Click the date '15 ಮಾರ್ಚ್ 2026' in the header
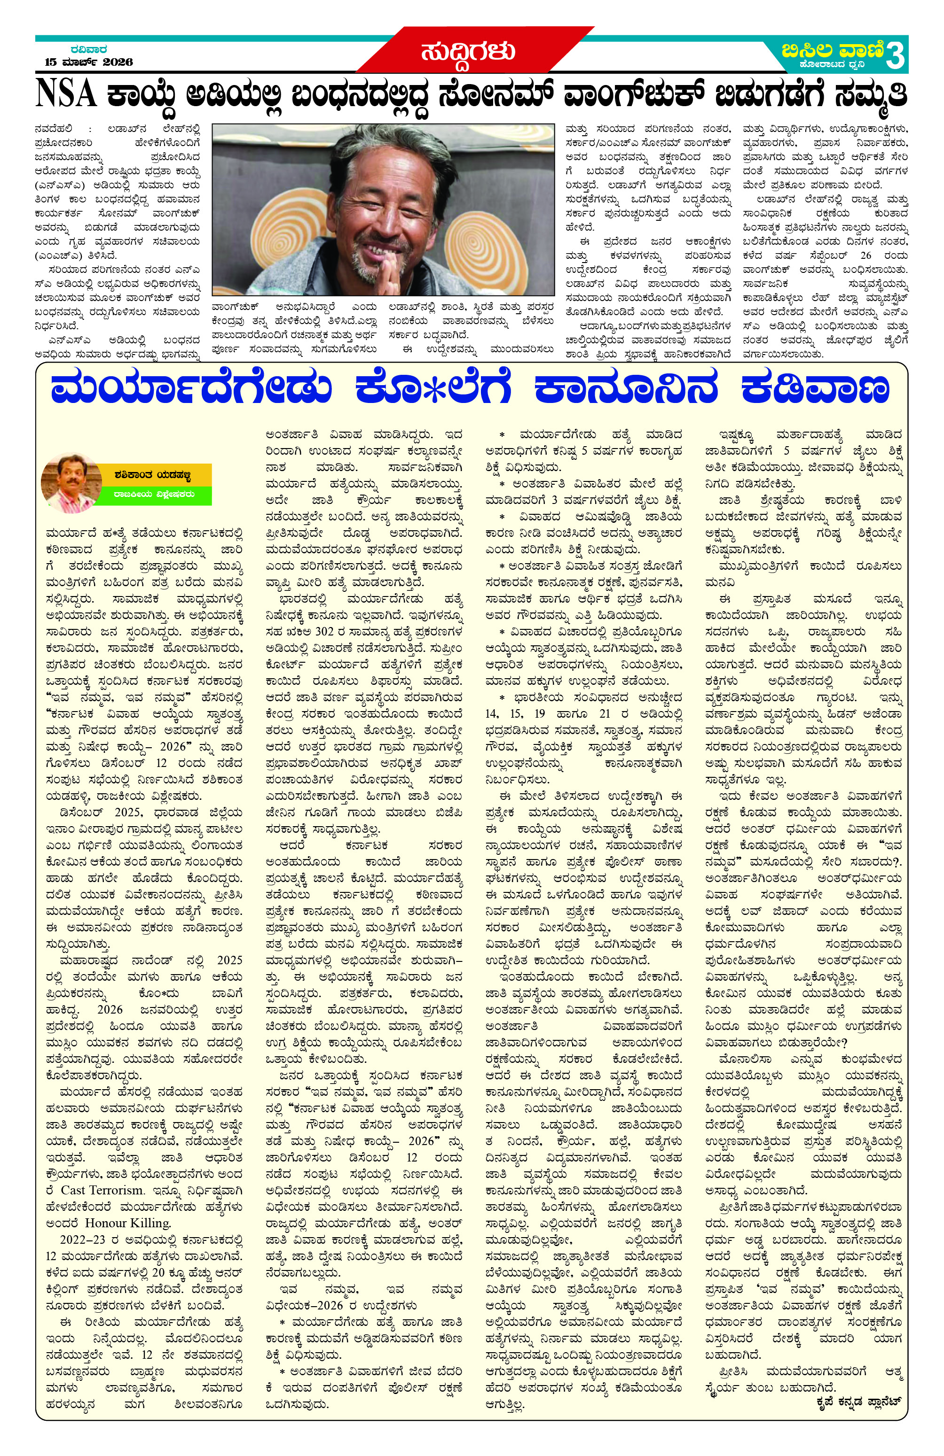89,62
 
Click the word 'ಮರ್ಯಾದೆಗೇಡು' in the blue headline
191,390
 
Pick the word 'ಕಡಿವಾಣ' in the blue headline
814,390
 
